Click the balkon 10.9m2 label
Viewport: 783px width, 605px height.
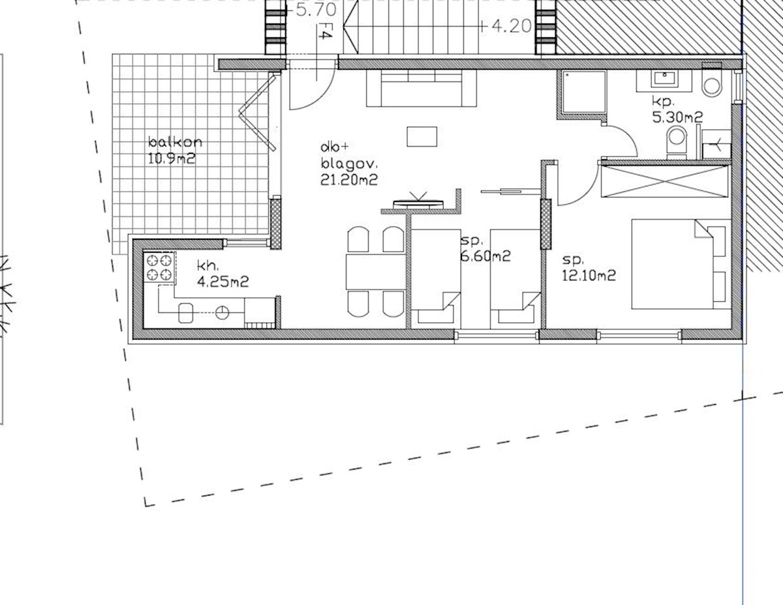click(x=172, y=150)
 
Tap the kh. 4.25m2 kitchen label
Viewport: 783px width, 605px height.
click(x=223, y=274)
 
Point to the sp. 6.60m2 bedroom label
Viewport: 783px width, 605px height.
click(x=485, y=249)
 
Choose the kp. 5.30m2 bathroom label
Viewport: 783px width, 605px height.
click(x=677, y=110)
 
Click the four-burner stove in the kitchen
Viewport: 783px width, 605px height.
click(x=160, y=267)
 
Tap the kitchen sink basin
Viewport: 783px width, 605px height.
click(x=186, y=313)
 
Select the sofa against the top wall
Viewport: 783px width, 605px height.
click(x=422, y=89)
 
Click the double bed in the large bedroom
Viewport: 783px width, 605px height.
click(x=679, y=264)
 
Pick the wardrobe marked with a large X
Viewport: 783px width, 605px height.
click(x=664, y=181)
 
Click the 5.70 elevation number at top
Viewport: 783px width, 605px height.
click(x=316, y=10)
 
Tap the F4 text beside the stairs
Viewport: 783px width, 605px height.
click(x=322, y=33)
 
